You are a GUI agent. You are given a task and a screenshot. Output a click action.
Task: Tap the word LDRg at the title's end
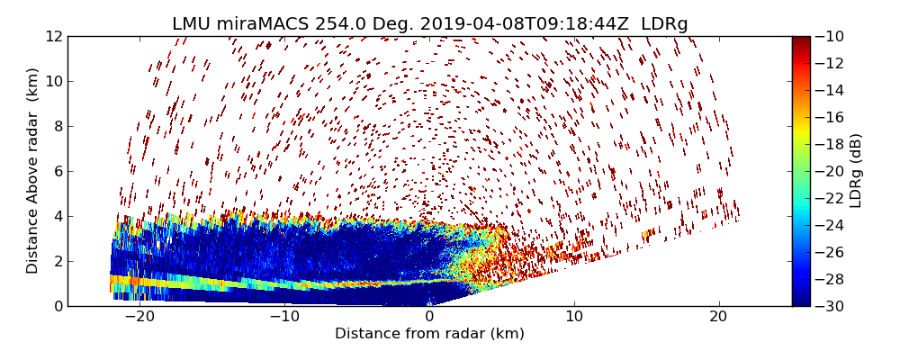point(664,24)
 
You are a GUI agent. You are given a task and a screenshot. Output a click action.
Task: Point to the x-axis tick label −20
point(139,317)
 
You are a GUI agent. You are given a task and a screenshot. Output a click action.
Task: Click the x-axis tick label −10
point(284,317)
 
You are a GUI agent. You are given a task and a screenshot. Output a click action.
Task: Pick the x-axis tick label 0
point(429,317)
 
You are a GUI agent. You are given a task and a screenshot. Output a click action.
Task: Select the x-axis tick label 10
point(574,317)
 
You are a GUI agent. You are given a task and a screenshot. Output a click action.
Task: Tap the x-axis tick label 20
point(718,317)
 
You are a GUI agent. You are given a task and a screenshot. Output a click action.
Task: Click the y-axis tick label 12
point(53,36)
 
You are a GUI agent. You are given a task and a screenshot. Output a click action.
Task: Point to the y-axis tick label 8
point(57,126)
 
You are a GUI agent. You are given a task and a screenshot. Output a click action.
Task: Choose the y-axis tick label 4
point(57,216)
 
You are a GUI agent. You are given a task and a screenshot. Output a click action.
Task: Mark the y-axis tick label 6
point(57,171)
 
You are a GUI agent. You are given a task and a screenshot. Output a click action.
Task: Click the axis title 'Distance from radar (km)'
point(429,334)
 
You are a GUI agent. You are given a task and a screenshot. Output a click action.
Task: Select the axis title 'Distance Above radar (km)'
point(33,171)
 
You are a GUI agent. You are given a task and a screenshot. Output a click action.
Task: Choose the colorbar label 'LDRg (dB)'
point(856,171)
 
